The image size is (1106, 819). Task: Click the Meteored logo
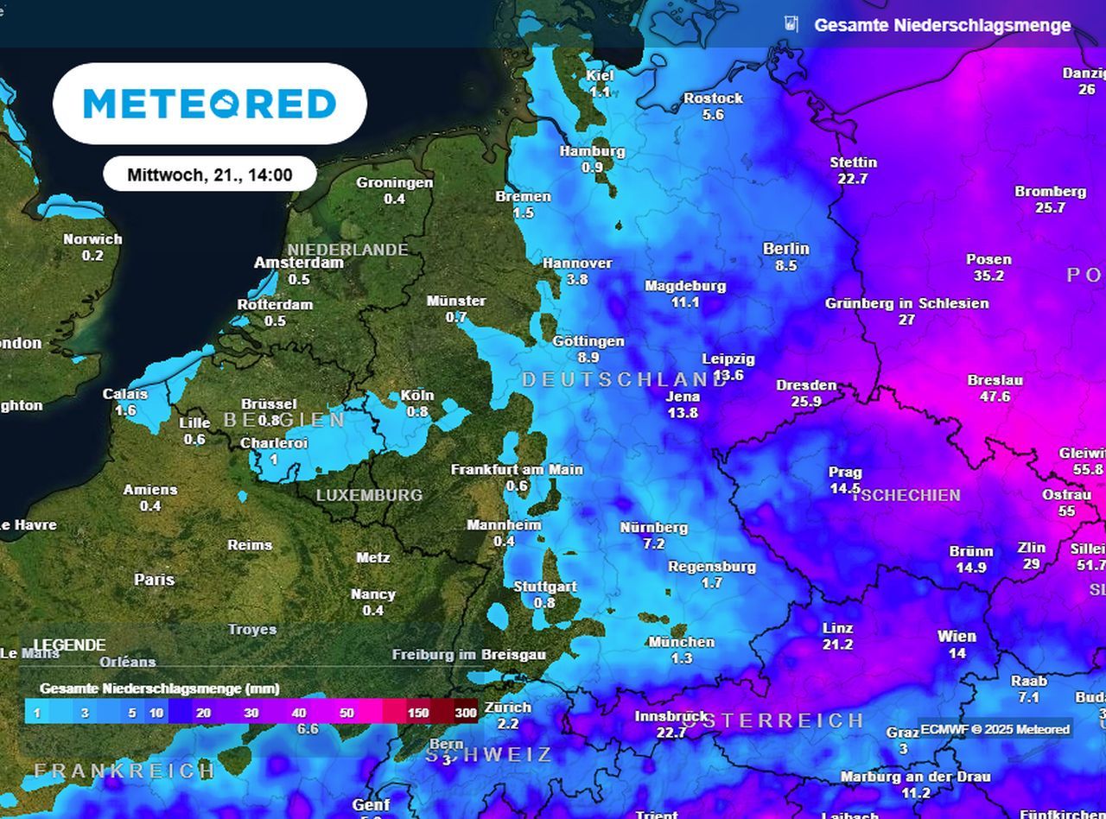[210, 104]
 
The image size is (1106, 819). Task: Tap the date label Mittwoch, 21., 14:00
[210, 175]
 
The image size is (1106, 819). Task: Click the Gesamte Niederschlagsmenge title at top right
[942, 25]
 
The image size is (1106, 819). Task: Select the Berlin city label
[786, 249]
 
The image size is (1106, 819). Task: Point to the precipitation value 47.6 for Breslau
[995, 397]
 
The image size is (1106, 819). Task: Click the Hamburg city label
[592, 151]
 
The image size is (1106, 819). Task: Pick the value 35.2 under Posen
[988, 276]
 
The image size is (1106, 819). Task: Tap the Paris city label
[154, 580]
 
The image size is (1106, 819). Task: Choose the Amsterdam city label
[298, 263]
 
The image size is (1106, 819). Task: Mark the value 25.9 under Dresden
[805, 402]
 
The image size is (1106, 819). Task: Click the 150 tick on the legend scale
[418, 713]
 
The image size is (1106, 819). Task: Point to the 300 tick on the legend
[466, 713]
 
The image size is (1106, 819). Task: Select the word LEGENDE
[70, 645]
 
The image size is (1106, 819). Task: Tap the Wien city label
[957, 637]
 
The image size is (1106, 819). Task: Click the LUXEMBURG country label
[369, 496]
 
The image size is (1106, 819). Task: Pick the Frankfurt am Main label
[517, 470]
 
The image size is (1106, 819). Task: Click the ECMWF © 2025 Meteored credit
[995, 729]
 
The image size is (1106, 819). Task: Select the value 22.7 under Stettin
[852, 179]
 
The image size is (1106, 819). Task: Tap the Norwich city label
[92, 239]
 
